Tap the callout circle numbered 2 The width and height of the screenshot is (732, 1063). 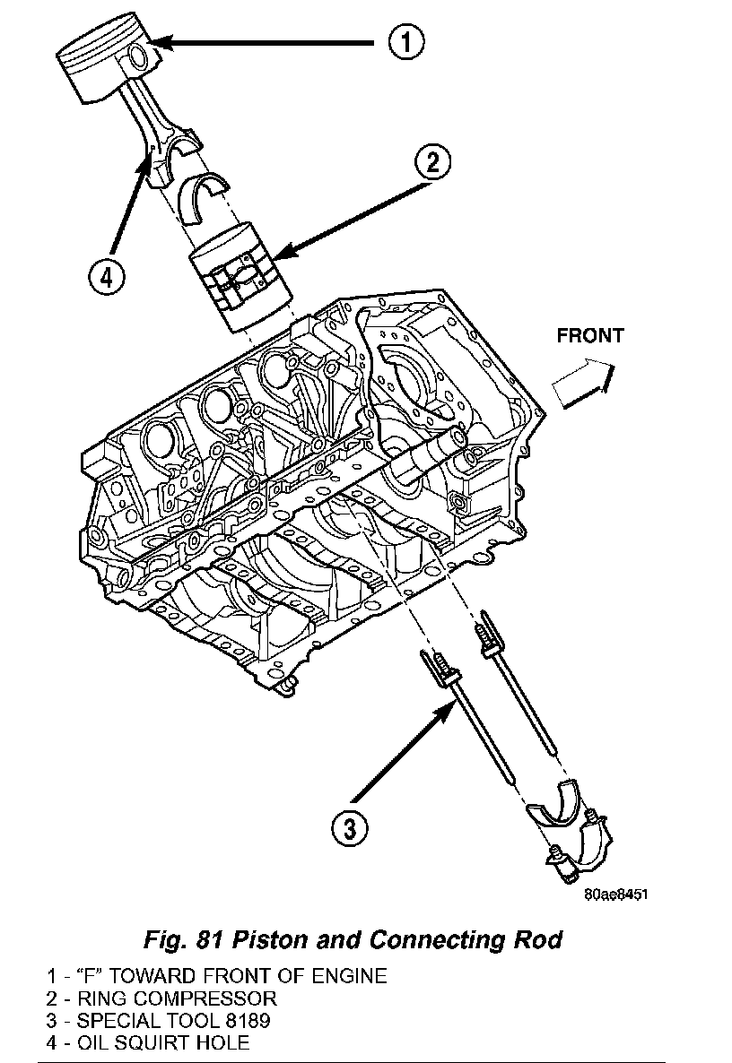click(x=432, y=162)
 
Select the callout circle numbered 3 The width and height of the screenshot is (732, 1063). click(x=349, y=825)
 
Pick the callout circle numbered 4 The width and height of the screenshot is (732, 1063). click(x=107, y=277)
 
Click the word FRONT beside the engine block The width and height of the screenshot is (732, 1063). click(x=589, y=336)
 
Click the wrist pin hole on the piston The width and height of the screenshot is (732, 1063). click(x=139, y=58)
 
